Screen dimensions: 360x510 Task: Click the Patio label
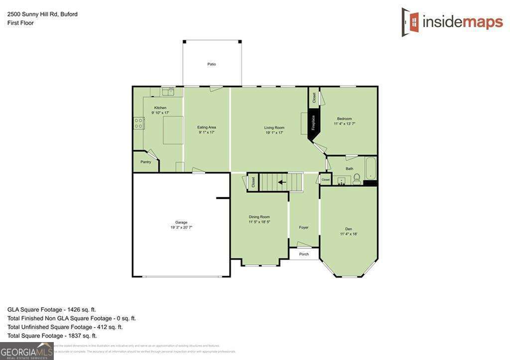[212, 64]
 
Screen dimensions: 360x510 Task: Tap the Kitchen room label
[160, 108]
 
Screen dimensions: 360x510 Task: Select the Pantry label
[145, 162]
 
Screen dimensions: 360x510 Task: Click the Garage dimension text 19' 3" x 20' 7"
[181, 227]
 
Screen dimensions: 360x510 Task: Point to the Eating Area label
[207, 127]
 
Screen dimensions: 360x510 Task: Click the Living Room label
[274, 127]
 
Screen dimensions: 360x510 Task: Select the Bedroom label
[344, 119]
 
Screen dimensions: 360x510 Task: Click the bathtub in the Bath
[370, 169]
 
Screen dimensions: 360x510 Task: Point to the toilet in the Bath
[357, 180]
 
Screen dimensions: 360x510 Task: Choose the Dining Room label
[259, 217]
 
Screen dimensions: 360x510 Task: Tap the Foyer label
[304, 228]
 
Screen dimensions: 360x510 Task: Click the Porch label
[304, 254]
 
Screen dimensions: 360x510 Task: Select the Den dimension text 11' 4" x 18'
[349, 234]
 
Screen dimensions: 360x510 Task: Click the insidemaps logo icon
[410, 21]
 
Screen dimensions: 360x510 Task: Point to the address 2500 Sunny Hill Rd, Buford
[42, 14]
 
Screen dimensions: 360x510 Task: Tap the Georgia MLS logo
[26, 351]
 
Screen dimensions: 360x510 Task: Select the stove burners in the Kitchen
[139, 123]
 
